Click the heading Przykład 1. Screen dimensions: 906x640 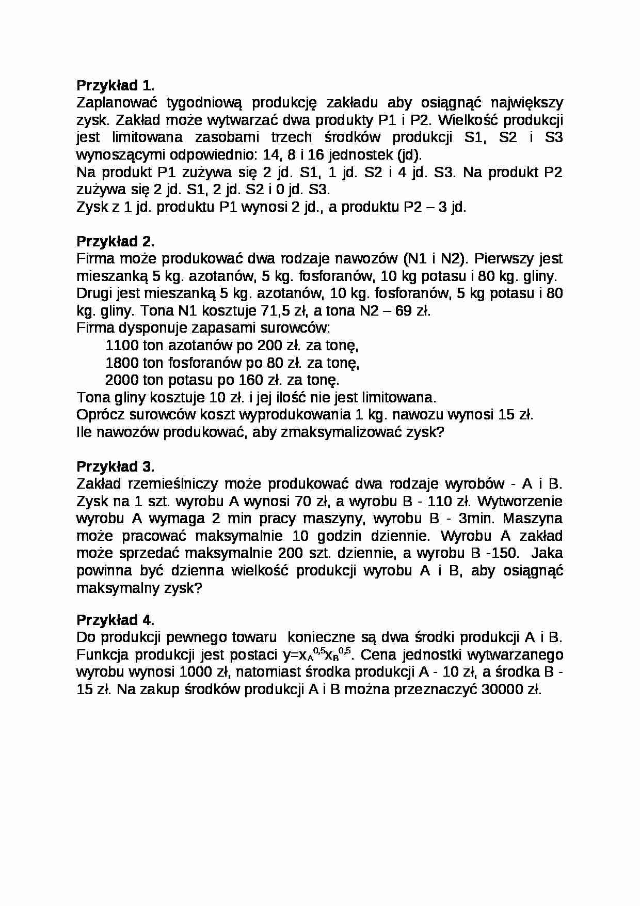116,85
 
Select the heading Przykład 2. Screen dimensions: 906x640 116,241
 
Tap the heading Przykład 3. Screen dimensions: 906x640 116,466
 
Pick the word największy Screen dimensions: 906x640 526,103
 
